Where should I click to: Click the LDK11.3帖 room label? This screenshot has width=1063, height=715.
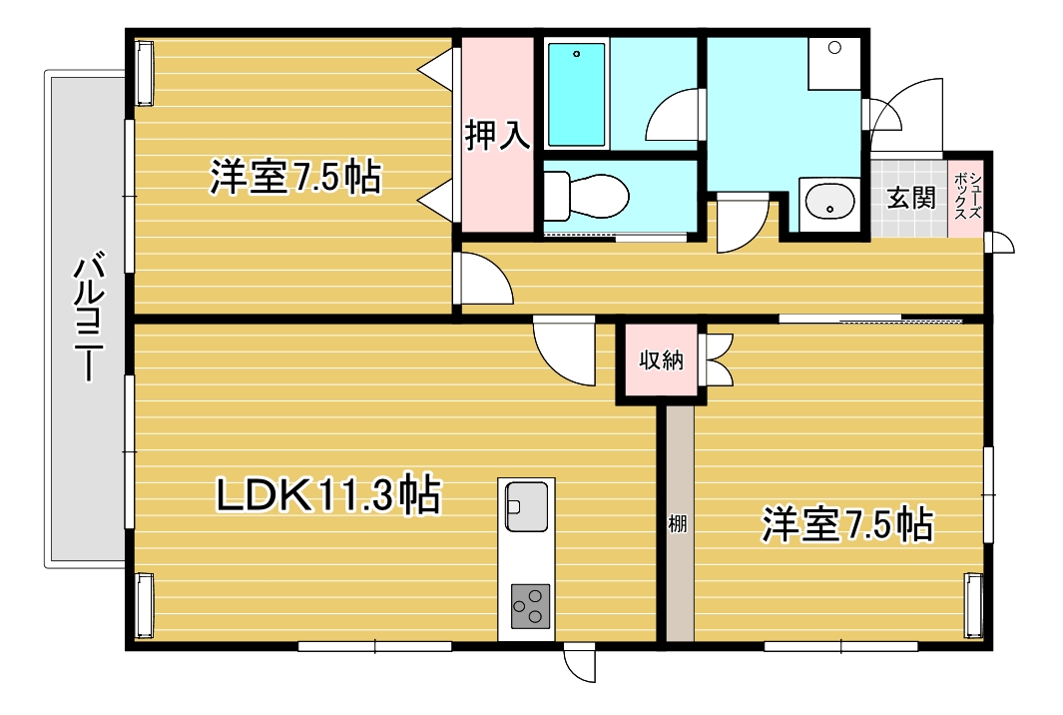(328, 494)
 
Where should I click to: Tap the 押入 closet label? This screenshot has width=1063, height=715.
(497, 136)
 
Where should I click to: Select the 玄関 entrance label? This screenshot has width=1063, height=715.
(911, 198)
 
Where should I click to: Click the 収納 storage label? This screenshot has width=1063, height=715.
(661, 360)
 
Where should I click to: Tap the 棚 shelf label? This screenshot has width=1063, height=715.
(678, 523)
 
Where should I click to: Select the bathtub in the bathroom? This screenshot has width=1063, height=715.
(576, 94)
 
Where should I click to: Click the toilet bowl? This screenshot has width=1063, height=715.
(587, 197)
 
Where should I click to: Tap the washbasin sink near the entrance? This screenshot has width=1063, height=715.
(829, 202)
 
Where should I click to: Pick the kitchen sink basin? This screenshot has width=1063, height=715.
(526, 506)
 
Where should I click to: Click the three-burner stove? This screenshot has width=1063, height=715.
(530, 606)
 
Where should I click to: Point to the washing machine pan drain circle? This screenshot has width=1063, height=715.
(834, 48)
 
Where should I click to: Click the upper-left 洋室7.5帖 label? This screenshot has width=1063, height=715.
(294, 177)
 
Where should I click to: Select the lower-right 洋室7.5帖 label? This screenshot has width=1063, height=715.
(847, 523)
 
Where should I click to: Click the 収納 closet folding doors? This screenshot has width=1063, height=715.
(719, 359)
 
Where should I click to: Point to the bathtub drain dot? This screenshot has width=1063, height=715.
(576, 54)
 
